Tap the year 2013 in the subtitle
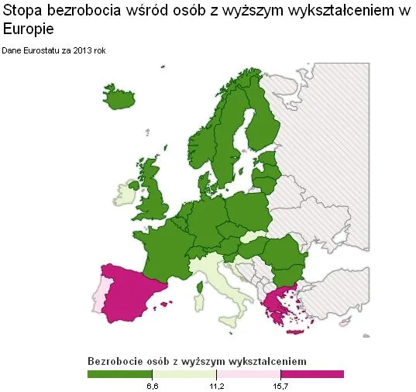pyautogui.click(x=87, y=51)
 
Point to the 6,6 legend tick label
pyautogui.click(x=153, y=386)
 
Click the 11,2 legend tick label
pyautogui.click(x=217, y=386)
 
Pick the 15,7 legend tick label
pyautogui.click(x=281, y=386)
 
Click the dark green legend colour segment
pyautogui.click(x=120, y=374)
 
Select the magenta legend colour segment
pyautogui.click(x=311, y=374)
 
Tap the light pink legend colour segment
pyautogui.click(x=248, y=374)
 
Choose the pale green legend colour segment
pyautogui.click(x=184, y=374)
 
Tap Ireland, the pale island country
pyautogui.click(x=126, y=194)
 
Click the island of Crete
pyautogui.click(x=294, y=332)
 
